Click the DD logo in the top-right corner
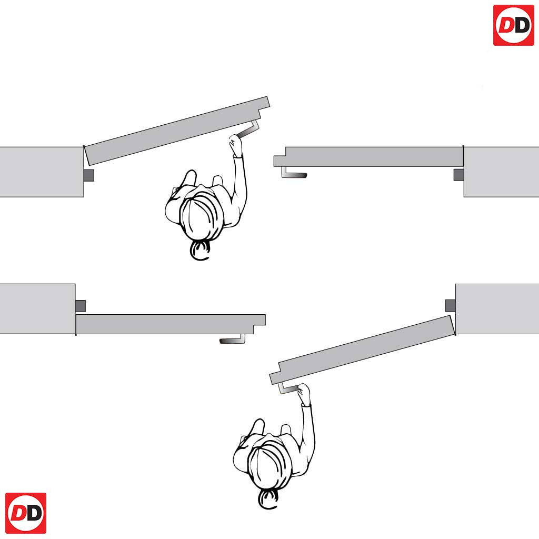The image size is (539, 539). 513,25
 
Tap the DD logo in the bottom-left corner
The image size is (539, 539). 26,513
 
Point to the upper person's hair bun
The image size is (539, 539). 199,250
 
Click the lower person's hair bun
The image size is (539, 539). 268,499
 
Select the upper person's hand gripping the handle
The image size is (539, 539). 235,144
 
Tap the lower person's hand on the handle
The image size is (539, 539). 304,394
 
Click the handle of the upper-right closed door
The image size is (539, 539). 293,173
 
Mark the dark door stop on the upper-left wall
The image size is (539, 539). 89,175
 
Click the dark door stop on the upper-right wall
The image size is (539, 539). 458,175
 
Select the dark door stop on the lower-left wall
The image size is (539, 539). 81,306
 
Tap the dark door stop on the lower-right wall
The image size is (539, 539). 451,305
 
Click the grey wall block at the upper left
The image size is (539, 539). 42,172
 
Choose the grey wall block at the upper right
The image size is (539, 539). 501,172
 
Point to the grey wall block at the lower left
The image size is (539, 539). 37,308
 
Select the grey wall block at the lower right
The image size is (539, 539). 497,308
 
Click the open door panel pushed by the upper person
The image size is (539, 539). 177,131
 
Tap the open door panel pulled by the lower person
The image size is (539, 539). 362,350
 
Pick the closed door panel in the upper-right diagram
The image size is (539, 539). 368,157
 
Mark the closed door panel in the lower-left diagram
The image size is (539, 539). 171,324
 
